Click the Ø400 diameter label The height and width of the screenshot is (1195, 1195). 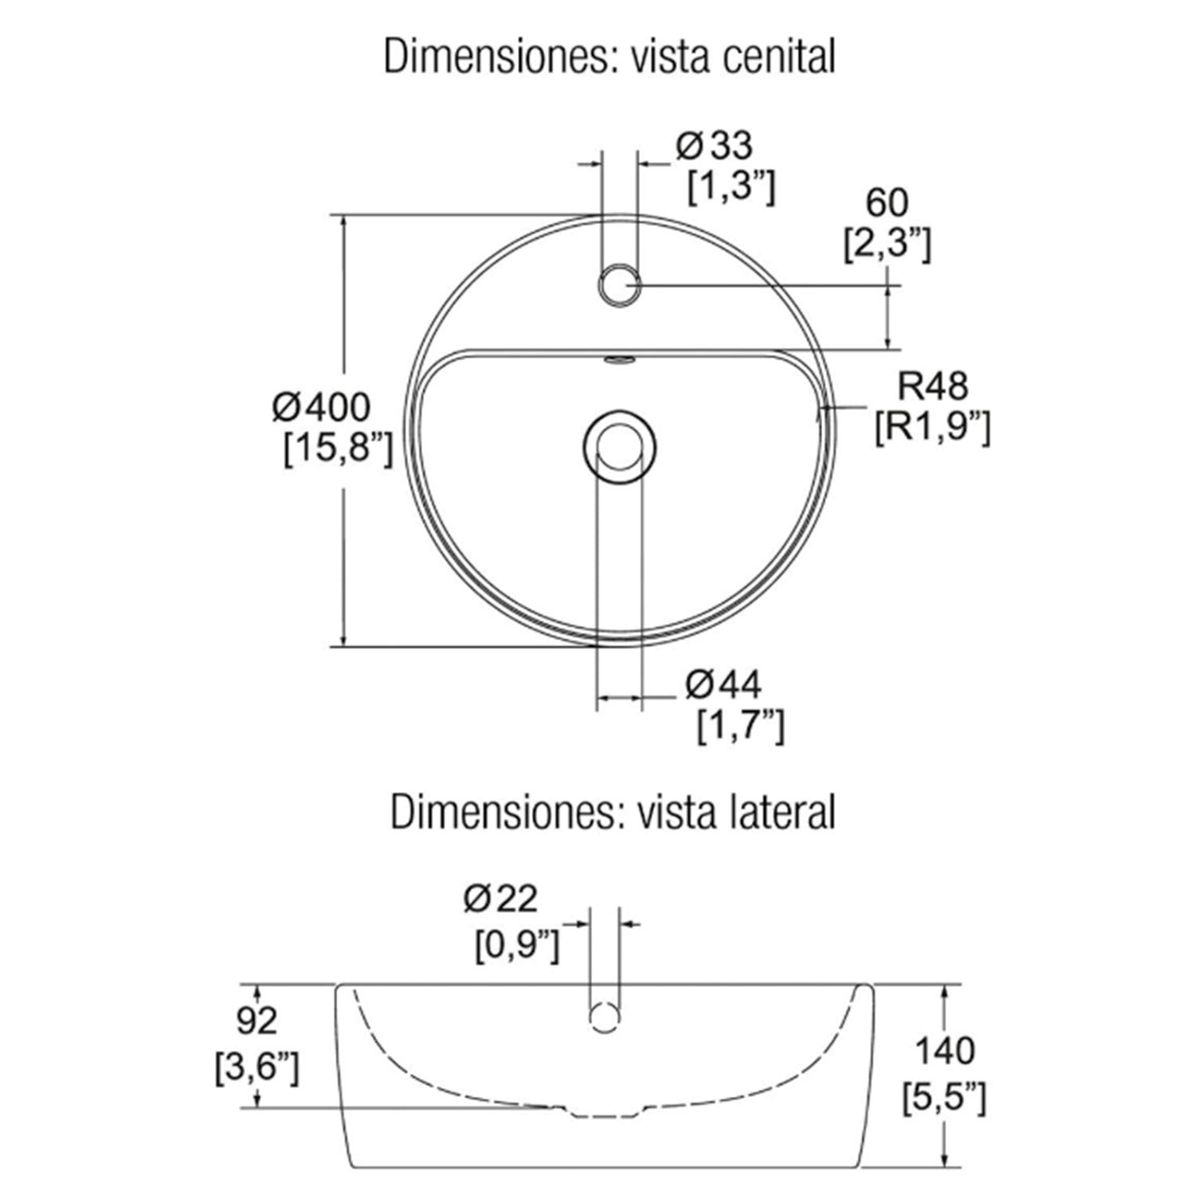pyautogui.click(x=321, y=408)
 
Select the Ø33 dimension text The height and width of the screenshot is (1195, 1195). pyautogui.click(x=715, y=146)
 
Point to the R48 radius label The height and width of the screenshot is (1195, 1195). pyautogui.click(x=933, y=386)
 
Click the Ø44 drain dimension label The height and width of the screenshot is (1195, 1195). pyautogui.click(x=723, y=684)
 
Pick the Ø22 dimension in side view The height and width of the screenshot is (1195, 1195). pyautogui.click(x=500, y=899)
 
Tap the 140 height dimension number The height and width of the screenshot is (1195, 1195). pyautogui.click(x=944, y=1051)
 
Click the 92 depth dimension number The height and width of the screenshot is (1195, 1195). pyautogui.click(x=257, y=1021)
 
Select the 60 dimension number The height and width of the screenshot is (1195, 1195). pyautogui.click(x=887, y=203)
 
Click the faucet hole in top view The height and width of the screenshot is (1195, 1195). pyautogui.click(x=618, y=286)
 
